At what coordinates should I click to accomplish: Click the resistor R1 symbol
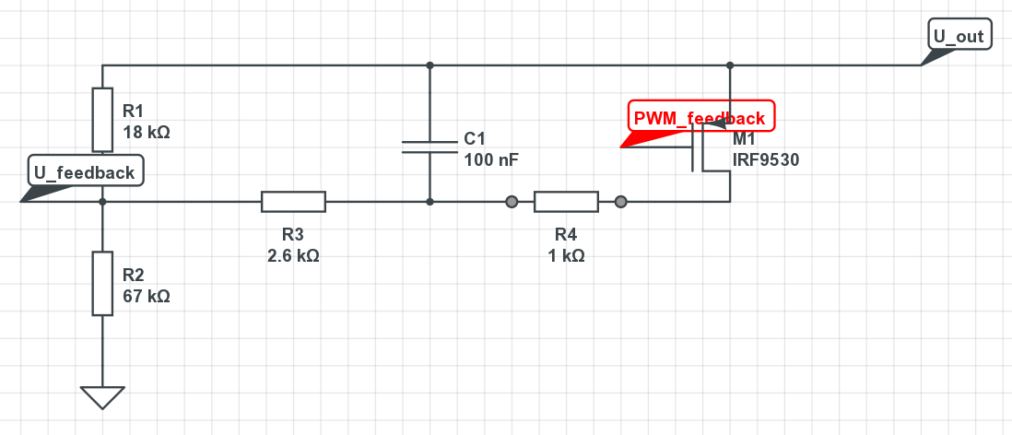(102, 119)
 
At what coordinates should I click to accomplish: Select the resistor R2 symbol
(102, 283)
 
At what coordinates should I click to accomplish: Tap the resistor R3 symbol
(293, 201)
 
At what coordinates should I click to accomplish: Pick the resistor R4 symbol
(566, 201)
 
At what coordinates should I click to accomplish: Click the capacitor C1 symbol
(430, 147)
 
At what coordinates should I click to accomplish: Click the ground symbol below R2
(102, 396)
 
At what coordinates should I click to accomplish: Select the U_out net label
(959, 37)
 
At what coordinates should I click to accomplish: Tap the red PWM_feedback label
(700, 118)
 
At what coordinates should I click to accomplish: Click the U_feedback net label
(85, 172)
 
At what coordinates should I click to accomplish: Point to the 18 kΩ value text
(147, 132)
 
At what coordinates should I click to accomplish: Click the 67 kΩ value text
(147, 297)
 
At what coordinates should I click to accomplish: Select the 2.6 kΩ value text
(293, 255)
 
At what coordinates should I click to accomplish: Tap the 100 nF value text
(491, 159)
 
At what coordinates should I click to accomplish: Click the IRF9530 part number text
(765, 159)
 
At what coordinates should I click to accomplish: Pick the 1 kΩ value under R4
(566, 255)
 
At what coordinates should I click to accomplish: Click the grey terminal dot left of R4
(512, 201)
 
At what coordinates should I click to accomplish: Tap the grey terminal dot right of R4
(621, 201)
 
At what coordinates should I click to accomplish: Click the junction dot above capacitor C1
(430, 65)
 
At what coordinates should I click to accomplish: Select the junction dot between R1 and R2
(102, 201)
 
